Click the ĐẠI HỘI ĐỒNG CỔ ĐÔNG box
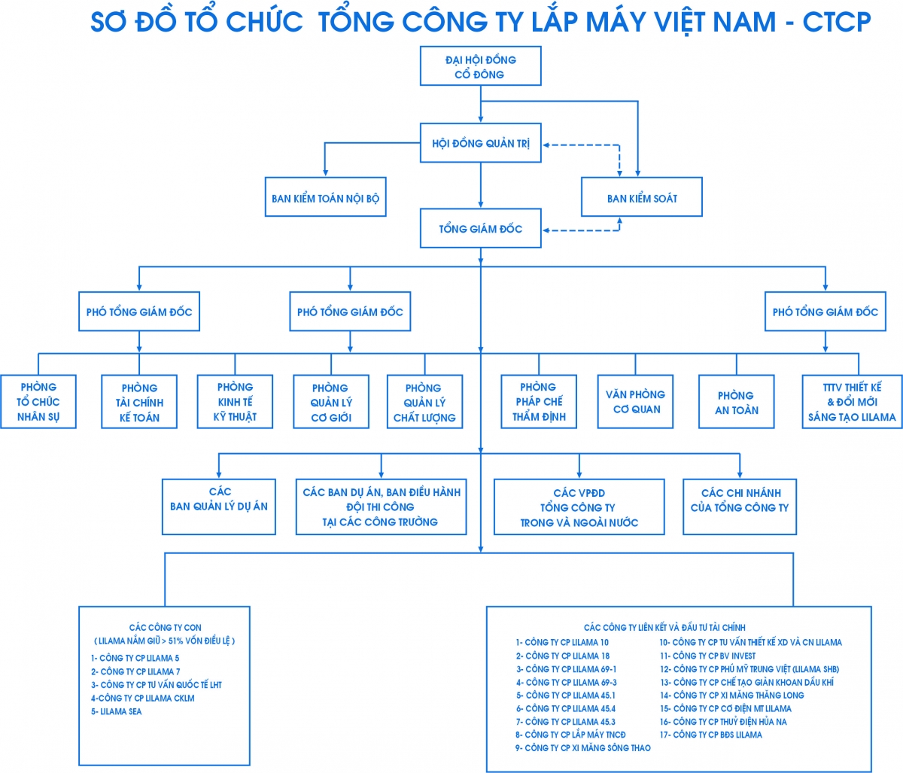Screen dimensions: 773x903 pyautogui.click(x=480, y=67)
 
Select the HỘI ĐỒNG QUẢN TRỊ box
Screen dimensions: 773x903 pyautogui.click(x=480, y=143)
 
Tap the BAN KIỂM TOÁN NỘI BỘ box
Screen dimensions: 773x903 pyautogui.click(x=325, y=199)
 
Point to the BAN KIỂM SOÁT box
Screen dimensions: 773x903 pyautogui.click(x=642, y=199)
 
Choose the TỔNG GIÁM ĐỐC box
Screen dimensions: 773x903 pyautogui.click(x=480, y=229)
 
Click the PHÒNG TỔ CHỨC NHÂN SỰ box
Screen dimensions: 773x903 pyautogui.click(x=38, y=402)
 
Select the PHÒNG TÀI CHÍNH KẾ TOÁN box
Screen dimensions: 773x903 pyautogui.click(x=139, y=403)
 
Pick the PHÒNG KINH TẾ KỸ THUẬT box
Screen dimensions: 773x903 pyautogui.click(x=235, y=402)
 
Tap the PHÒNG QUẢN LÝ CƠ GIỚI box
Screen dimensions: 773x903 pyautogui.click(x=330, y=403)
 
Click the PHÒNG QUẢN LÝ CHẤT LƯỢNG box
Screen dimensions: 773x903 pyautogui.click(x=424, y=403)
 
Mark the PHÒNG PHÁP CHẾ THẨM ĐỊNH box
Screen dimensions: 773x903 pyautogui.click(x=539, y=402)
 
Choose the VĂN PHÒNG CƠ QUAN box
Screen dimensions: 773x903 pyautogui.click(x=636, y=402)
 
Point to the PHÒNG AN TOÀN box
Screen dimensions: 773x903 pyautogui.click(x=736, y=403)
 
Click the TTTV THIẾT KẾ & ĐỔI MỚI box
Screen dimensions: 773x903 pyautogui.click(x=852, y=402)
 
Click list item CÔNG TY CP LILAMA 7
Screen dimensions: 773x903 pyautogui.click(x=136, y=671)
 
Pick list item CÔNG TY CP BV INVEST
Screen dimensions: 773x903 pyautogui.click(x=708, y=656)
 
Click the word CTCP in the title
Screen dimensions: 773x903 pyautogui.click(x=836, y=22)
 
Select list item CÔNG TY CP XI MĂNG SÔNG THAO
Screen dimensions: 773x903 pyautogui.click(x=583, y=747)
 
